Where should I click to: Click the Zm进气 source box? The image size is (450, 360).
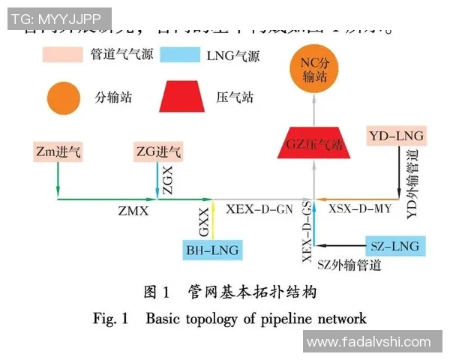point(58,153)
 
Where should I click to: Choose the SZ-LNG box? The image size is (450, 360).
point(394,245)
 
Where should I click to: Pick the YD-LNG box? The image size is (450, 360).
point(397,136)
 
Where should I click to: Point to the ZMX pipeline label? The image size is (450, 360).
point(133,212)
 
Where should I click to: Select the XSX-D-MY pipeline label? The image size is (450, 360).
point(360,209)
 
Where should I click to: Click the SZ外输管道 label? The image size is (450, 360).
point(349,265)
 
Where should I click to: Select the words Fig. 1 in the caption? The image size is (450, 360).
point(111,318)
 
